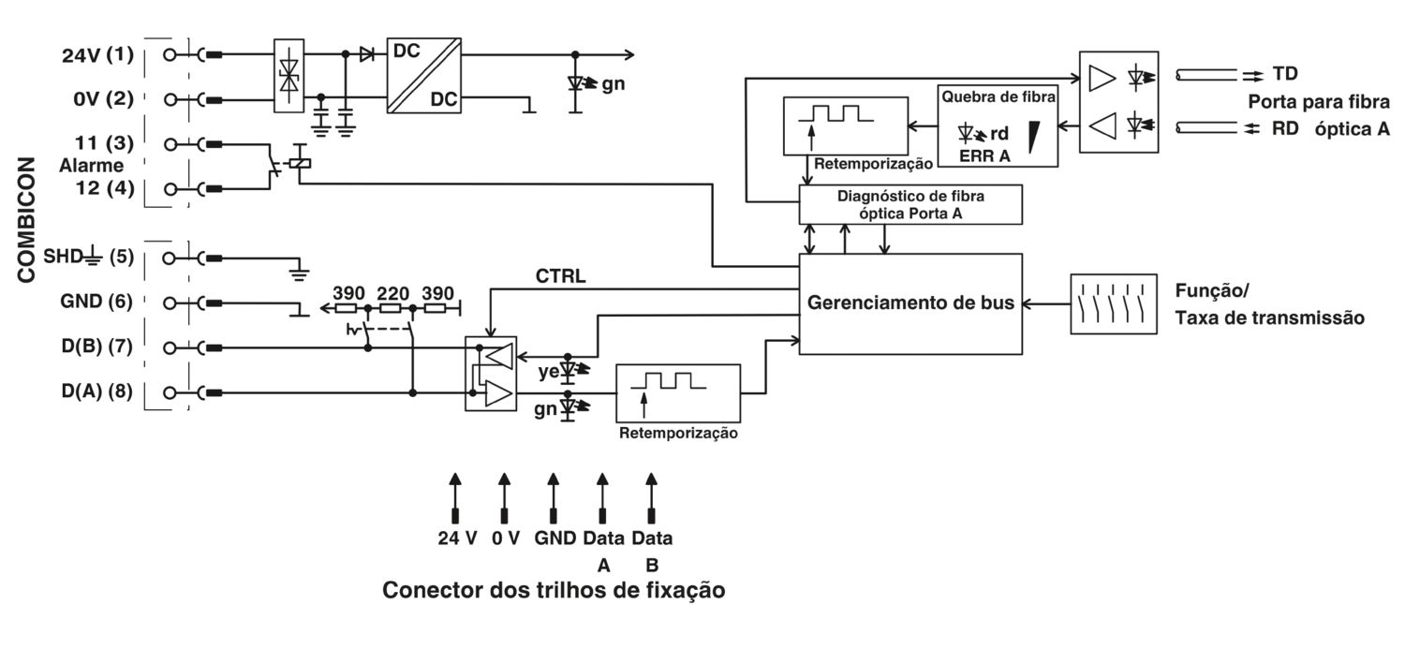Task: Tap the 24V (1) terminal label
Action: [x=97, y=55]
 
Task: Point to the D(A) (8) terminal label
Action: [x=97, y=391]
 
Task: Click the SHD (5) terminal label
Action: [x=88, y=257]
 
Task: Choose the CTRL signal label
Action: [x=560, y=276]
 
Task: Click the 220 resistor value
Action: [x=392, y=293]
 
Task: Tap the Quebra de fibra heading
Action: [x=998, y=97]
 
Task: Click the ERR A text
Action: [x=984, y=156]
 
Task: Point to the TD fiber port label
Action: [x=1285, y=74]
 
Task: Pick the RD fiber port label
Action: [x=1285, y=128]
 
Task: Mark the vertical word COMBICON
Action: [x=26, y=220]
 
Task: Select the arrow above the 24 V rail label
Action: [x=455, y=498]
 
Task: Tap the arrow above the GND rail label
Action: [x=554, y=498]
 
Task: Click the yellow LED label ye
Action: [x=548, y=372]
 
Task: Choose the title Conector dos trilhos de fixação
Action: [x=554, y=590]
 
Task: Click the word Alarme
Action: [x=92, y=166]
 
